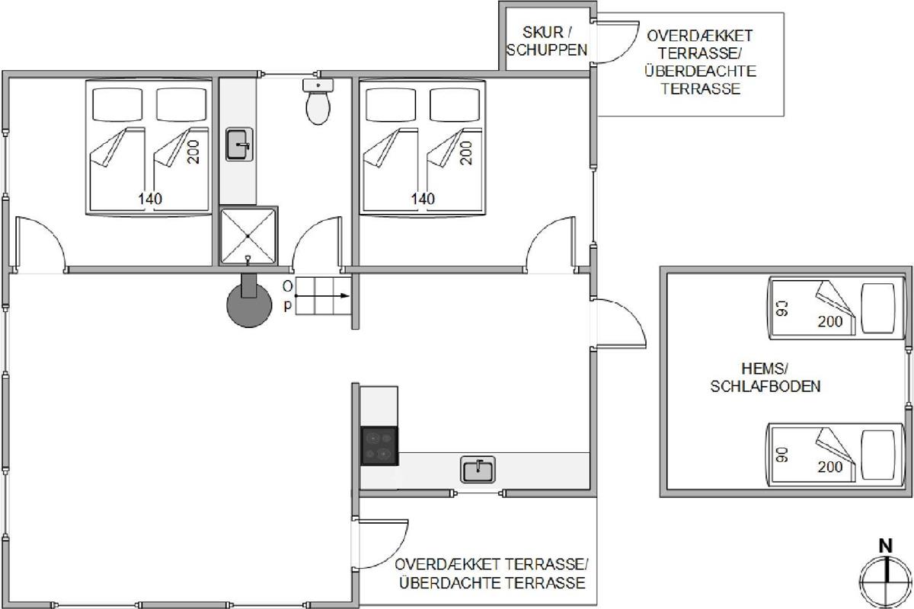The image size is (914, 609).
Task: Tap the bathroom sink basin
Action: click(239, 145)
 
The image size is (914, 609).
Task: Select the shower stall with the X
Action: click(248, 235)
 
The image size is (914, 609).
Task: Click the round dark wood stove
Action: click(249, 304)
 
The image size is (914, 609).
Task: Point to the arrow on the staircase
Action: click(322, 295)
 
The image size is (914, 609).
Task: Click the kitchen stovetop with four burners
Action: click(379, 446)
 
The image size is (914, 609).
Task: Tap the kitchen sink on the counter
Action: click(478, 470)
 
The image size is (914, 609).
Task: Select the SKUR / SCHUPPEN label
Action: click(546, 41)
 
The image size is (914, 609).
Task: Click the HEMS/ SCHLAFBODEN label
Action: click(765, 378)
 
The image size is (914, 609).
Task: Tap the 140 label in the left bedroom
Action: click(150, 199)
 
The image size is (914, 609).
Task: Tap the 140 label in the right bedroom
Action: click(423, 199)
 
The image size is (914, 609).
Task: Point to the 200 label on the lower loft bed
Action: click(830, 466)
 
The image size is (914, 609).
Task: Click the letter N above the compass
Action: click(885, 546)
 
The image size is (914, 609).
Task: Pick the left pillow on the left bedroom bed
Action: click(117, 104)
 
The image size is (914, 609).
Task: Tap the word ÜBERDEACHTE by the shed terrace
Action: click(700, 71)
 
